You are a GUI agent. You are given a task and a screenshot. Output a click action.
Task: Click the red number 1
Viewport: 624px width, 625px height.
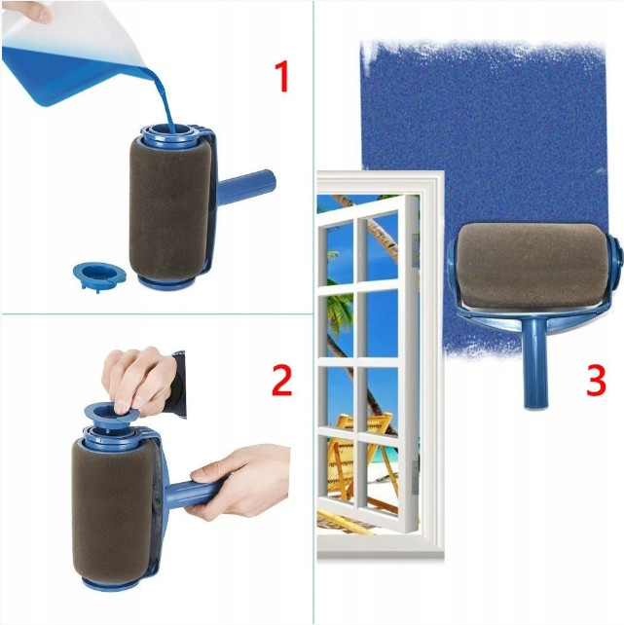281,75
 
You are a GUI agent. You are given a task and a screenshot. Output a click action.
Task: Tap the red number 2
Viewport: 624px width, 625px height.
281,380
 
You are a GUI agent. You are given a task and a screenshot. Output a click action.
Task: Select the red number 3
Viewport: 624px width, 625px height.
596,381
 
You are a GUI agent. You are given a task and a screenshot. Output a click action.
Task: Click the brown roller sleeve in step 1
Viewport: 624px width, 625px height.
169,209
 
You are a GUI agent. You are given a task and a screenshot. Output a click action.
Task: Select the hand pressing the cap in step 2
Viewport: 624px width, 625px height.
141,375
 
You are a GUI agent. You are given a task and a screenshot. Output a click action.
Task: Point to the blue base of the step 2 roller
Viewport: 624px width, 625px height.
112,582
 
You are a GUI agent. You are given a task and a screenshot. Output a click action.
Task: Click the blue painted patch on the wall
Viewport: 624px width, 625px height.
487,127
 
